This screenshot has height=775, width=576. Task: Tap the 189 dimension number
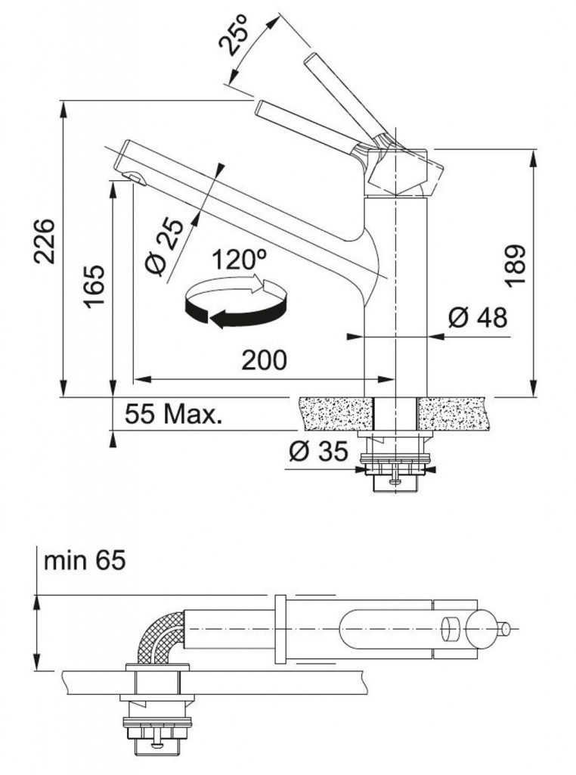[x=515, y=266]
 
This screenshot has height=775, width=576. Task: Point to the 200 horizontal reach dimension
[x=264, y=360]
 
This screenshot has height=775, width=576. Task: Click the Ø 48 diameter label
[x=478, y=317]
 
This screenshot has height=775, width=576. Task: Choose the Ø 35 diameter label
[x=318, y=451]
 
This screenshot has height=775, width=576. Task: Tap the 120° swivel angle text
[x=240, y=259]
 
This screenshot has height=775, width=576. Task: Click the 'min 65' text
[x=85, y=561]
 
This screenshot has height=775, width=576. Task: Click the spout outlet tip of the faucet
[x=135, y=177]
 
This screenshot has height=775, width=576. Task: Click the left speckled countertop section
[x=336, y=413]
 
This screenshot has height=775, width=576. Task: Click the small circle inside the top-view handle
[x=451, y=630]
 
